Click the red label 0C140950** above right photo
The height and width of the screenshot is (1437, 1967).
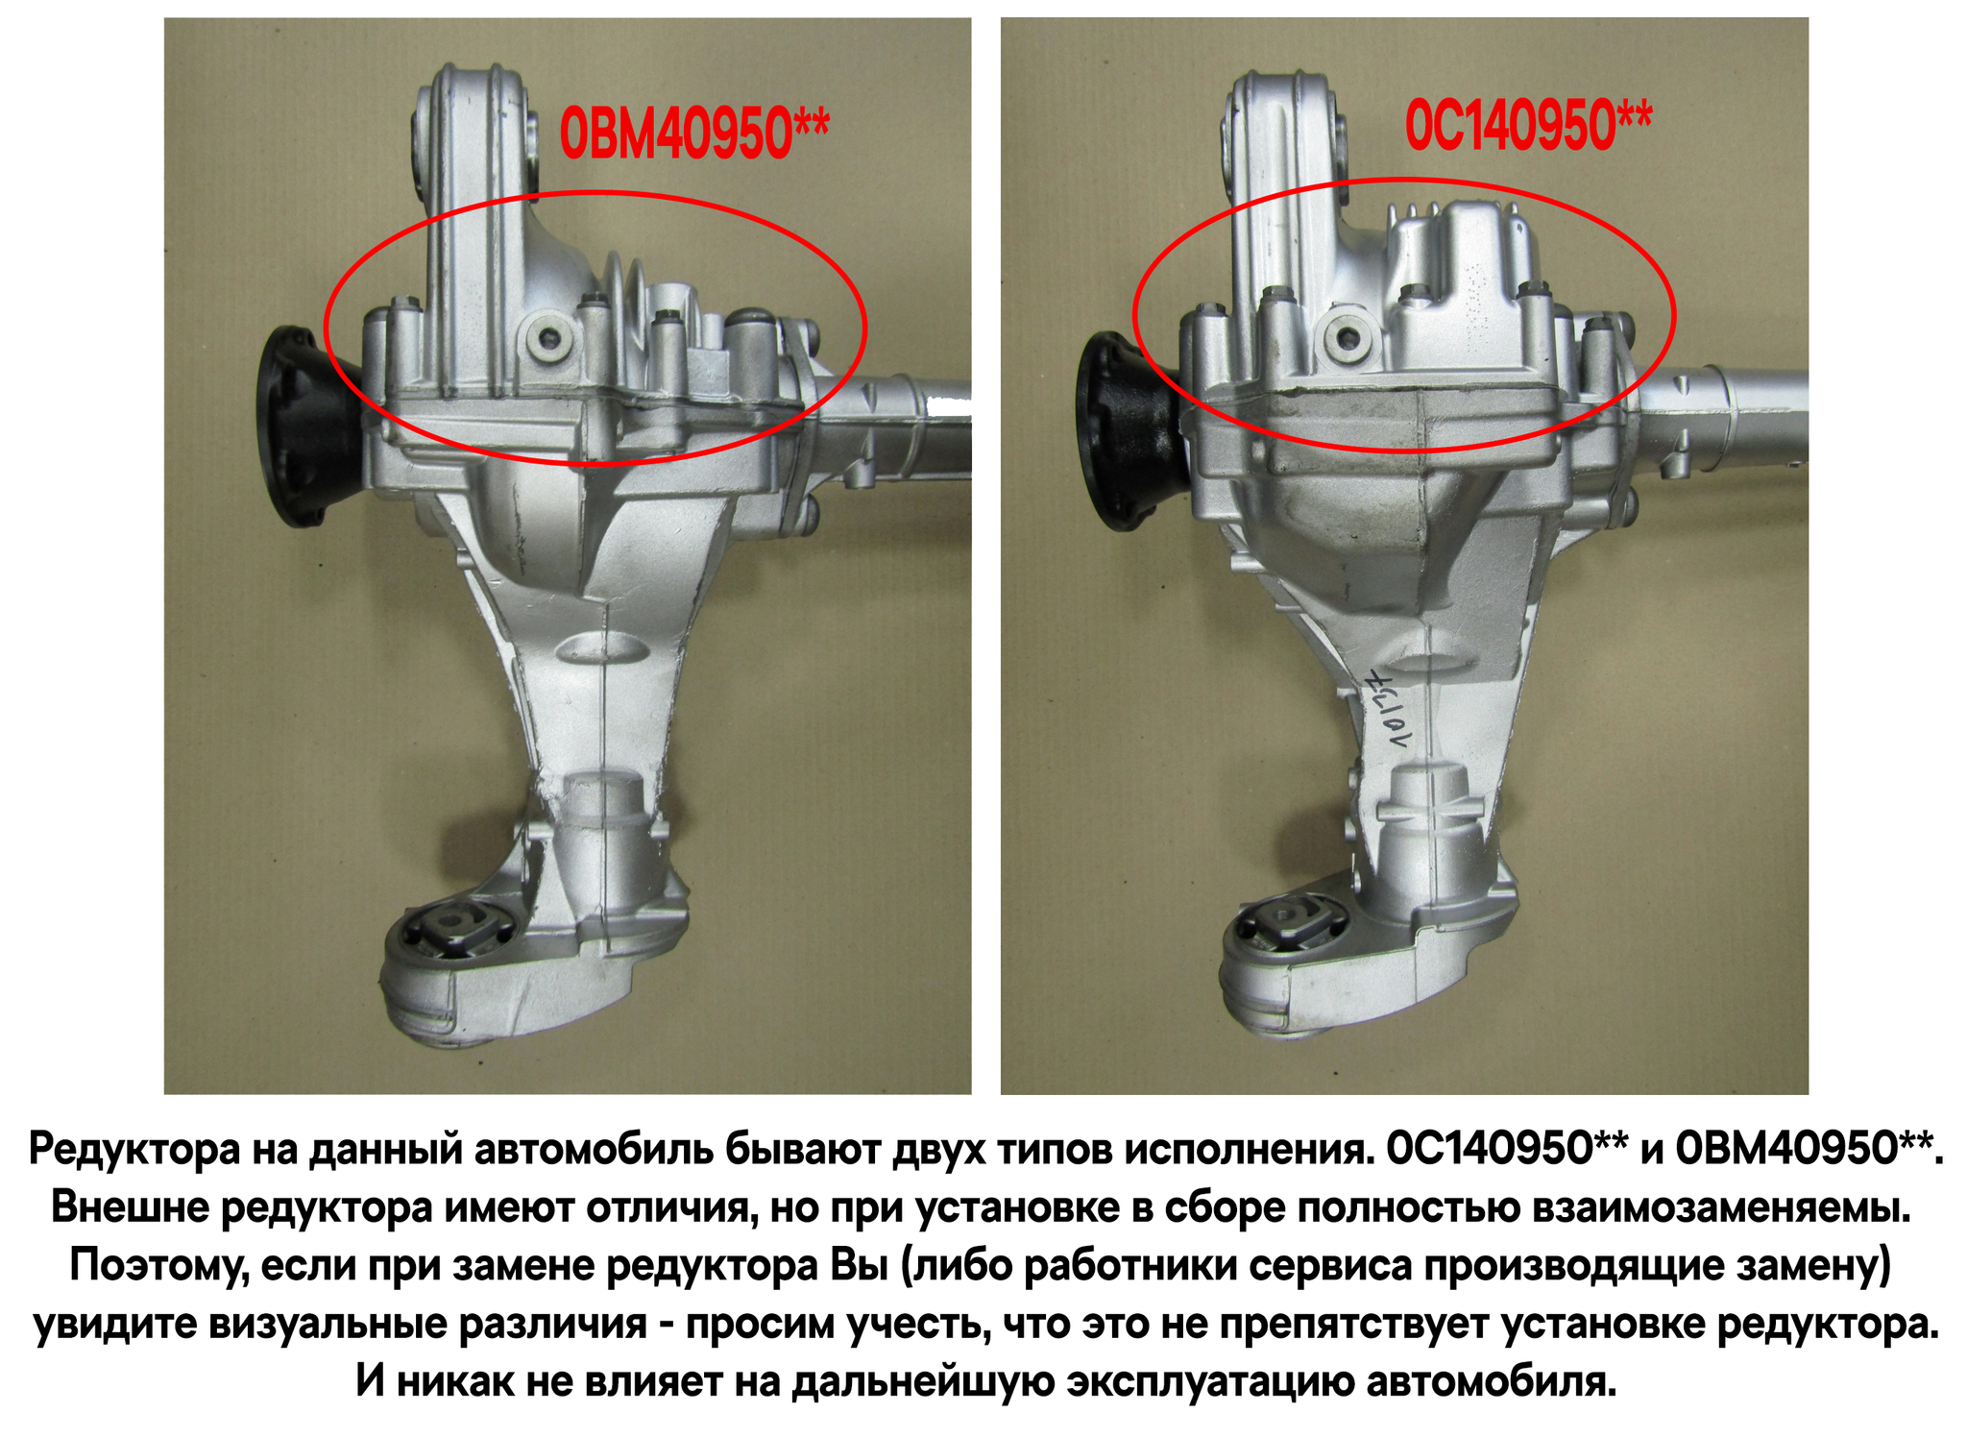(1529, 125)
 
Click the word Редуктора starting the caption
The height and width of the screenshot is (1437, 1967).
(135, 1149)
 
